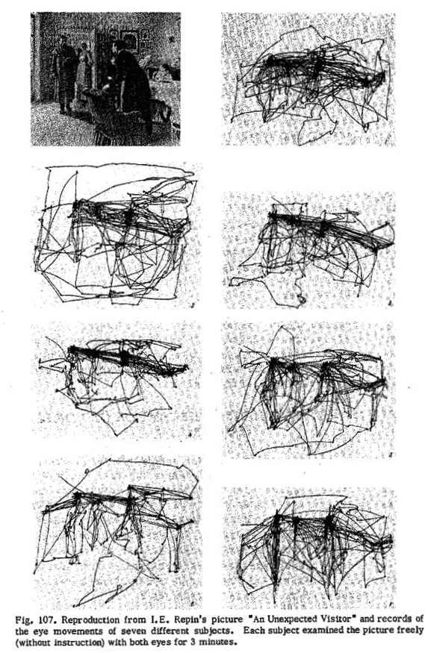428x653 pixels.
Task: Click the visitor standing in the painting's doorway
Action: (x=63, y=75)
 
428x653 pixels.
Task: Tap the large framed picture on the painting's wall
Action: (x=130, y=40)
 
